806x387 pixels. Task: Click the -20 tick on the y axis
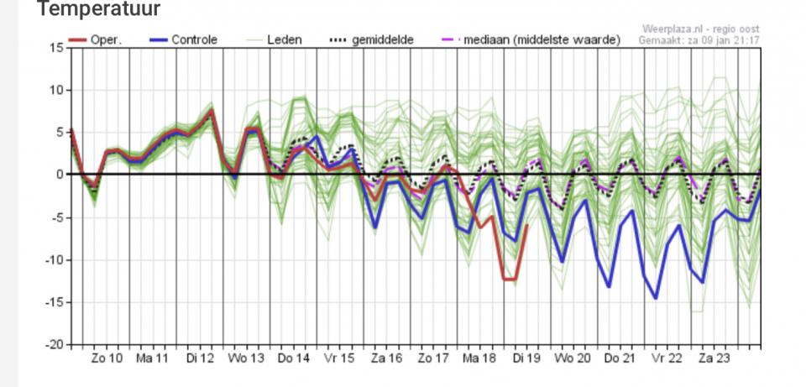coord(54,344)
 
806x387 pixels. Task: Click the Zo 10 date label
coord(107,358)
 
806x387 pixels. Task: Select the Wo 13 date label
coord(247,358)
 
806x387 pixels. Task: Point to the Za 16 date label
coord(387,358)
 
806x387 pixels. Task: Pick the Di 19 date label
coord(526,358)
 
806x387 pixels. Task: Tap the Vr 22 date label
coord(667,358)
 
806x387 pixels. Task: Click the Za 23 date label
coord(713,358)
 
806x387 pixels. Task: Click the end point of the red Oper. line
coord(526,226)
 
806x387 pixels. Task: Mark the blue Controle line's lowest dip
coord(656,298)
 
